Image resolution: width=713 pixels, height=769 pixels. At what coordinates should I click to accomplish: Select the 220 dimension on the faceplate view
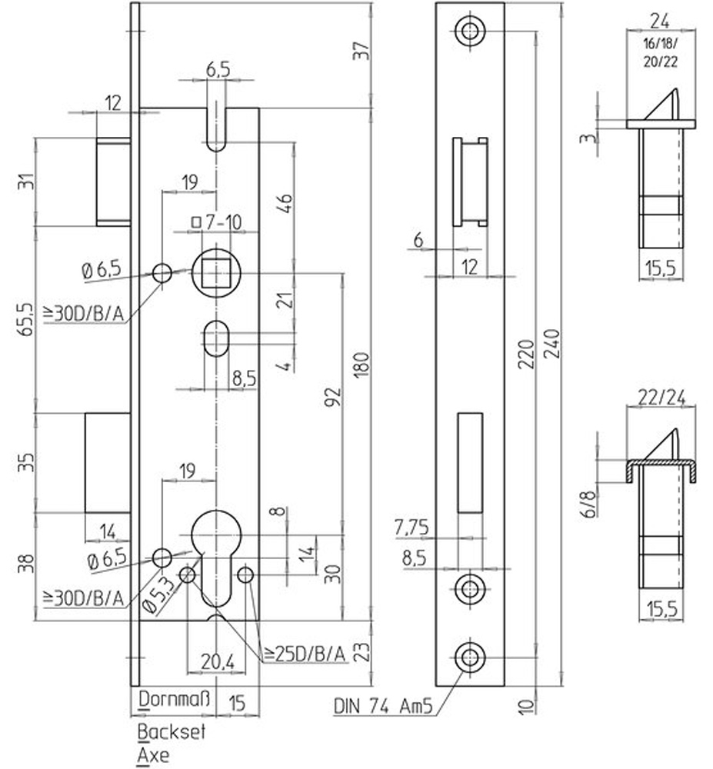(x=527, y=353)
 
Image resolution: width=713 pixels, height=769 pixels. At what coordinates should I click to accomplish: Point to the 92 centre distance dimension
(x=333, y=398)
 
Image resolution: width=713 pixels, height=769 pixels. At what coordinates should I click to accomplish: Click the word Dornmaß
(x=175, y=699)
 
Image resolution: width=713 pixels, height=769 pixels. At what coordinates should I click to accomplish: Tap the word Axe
(x=153, y=755)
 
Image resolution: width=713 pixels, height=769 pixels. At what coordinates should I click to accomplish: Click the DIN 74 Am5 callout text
(x=383, y=706)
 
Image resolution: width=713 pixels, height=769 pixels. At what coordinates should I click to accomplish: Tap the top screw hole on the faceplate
(x=470, y=31)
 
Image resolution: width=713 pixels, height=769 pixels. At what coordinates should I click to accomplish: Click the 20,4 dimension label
(x=217, y=662)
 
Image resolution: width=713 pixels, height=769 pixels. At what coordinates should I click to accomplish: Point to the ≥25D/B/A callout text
(x=305, y=654)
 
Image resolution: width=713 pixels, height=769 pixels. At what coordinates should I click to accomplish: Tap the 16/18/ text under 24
(x=660, y=44)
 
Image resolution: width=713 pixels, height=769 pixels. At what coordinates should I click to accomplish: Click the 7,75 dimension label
(x=411, y=528)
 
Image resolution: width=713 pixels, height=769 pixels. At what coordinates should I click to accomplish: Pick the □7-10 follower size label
(x=216, y=223)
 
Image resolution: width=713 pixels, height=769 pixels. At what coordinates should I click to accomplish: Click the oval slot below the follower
(x=216, y=338)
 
